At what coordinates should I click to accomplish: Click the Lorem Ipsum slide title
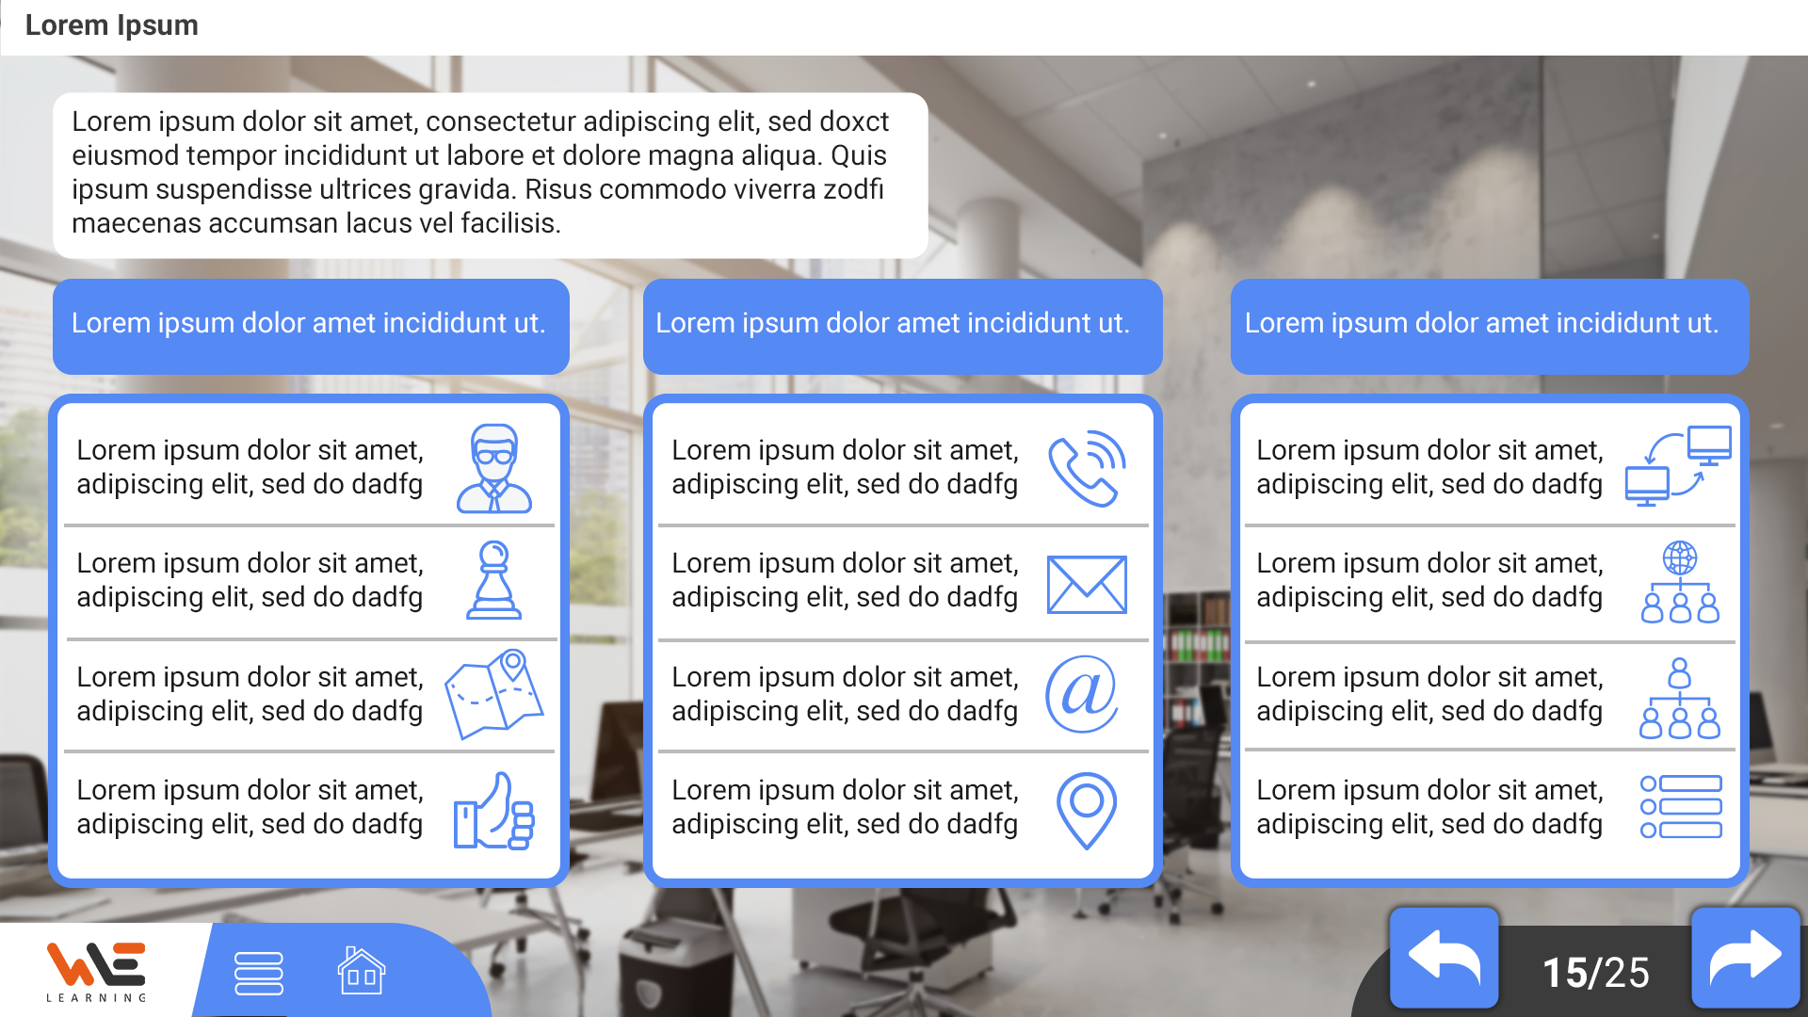click(x=111, y=25)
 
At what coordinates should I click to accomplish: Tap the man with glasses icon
click(x=494, y=468)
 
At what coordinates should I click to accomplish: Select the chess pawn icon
click(x=493, y=580)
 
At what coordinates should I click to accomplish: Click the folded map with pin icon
click(x=493, y=694)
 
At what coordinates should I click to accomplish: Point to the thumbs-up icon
click(x=493, y=812)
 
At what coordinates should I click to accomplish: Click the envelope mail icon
click(x=1087, y=585)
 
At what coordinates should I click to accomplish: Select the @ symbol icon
click(x=1082, y=694)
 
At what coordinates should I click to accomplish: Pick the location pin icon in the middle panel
click(x=1086, y=811)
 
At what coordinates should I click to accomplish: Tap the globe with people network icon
click(x=1680, y=582)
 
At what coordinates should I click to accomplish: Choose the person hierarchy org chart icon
click(x=1680, y=698)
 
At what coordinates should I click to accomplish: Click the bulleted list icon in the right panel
click(x=1681, y=807)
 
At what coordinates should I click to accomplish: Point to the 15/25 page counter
click(x=1595, y=973)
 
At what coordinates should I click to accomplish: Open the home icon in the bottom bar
click(x=362, y=971)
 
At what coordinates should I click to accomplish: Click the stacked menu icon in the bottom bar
click(x=258, y=974)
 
